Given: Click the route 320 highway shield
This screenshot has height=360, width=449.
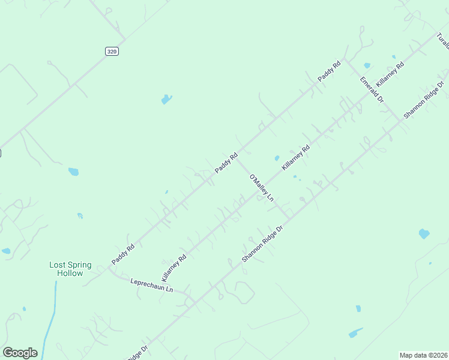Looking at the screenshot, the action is click(x=112, y=52).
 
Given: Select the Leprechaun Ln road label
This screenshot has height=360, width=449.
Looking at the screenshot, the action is click(x=151, y=284).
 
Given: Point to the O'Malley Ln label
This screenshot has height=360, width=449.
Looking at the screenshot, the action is click(x=261, y=187).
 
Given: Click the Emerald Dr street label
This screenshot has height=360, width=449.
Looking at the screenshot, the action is click(x=372, y=89).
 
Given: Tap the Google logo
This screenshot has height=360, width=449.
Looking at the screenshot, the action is click(x=20, y=353).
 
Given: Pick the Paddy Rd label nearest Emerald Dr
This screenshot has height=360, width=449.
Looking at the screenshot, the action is click(x=329, y=71).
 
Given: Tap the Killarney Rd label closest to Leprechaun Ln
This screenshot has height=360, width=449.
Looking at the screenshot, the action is click(x=174, y=268).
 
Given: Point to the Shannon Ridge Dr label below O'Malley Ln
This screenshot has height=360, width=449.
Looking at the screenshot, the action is click(x=262, y=243).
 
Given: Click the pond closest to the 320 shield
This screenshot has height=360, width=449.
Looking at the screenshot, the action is click(x=166, y=99).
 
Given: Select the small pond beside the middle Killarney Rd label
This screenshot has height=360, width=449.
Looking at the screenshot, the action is click(x=277, y=158).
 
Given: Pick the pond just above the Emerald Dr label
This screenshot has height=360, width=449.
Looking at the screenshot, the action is click(x=367, y=65).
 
